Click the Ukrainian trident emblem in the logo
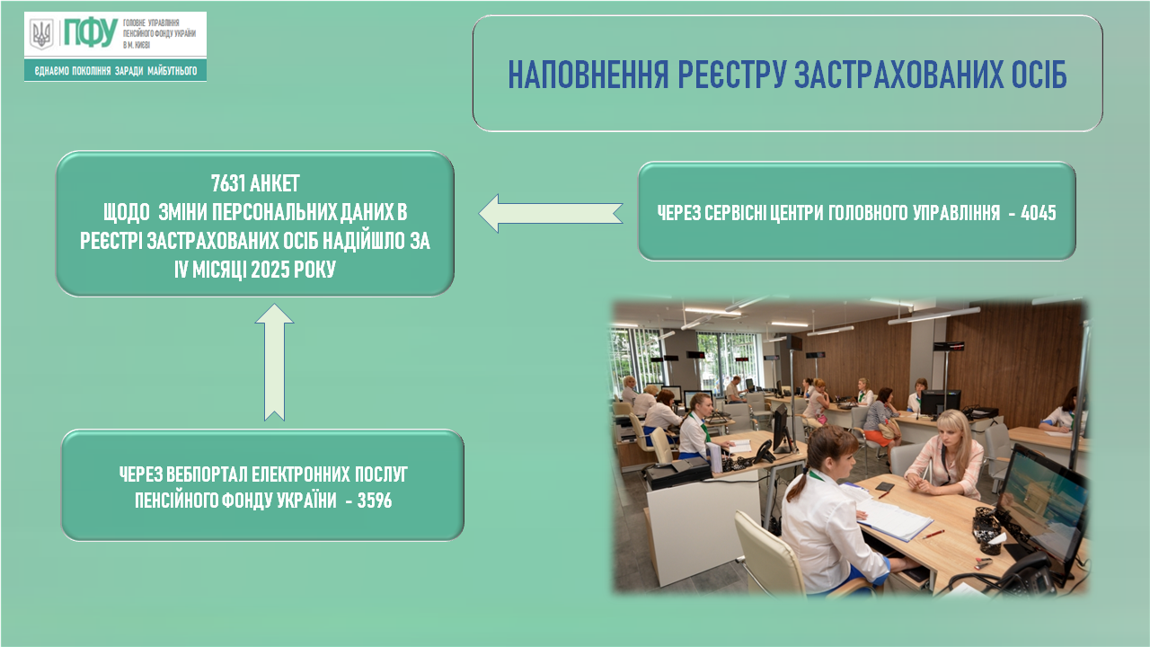41,34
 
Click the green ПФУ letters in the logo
91,33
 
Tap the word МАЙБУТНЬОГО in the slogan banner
172,71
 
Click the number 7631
228,183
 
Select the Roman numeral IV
181,269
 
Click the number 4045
1038,212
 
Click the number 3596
375,501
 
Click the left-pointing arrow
551,213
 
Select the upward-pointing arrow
274,362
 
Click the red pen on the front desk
933,535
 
